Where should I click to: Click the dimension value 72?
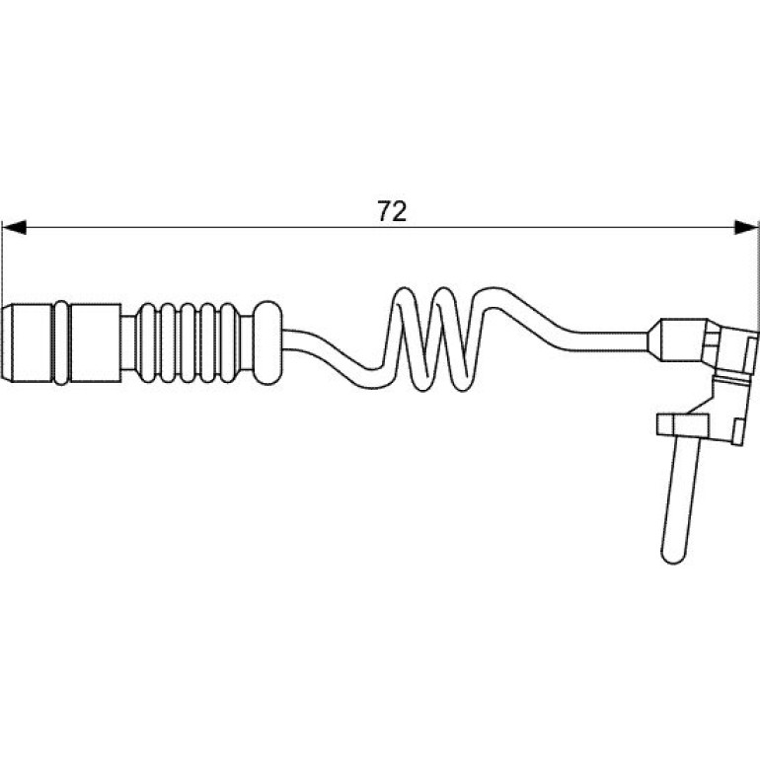click(x=392, y=211)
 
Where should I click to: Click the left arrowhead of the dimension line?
click(x=14, y=227)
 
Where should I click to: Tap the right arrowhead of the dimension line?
click(x=746, y=227)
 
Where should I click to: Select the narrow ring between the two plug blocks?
click(x=61, y=343)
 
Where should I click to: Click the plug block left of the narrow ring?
click(x=31, y=343)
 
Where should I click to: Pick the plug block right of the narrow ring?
click(x=96, y=343)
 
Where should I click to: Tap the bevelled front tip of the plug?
click(x=6, y=343)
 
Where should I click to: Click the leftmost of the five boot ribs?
click(x=147, y=343)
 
